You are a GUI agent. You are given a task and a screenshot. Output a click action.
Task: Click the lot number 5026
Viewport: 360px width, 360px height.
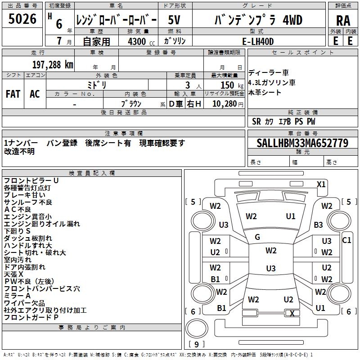tap(22, 19)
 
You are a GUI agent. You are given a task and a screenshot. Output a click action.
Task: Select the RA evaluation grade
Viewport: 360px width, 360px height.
tap(343, 21)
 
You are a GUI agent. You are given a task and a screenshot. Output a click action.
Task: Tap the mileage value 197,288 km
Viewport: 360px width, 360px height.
tap(53, 65)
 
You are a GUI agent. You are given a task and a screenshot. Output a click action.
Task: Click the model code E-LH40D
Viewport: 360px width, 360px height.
tap(258, 41)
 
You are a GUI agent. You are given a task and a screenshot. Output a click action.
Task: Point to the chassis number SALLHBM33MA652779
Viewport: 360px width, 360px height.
tap(302, 143)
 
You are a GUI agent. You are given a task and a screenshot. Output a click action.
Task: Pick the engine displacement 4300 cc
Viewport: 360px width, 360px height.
tap(141, 41)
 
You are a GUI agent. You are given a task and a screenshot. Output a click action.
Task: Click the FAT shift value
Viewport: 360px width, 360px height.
tap(13, 94)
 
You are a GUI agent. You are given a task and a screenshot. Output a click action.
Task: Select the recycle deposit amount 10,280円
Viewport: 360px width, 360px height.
tap(228, 104)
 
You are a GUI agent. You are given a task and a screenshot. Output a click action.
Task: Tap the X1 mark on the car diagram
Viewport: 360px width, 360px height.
tap(321, 184)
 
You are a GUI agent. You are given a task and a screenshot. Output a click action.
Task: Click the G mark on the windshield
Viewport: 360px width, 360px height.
tap(257, 237)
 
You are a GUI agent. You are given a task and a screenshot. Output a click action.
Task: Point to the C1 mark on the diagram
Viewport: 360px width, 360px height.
tap(346, 240)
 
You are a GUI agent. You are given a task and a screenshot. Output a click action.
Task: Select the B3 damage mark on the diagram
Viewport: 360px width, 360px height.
tap(318, 225)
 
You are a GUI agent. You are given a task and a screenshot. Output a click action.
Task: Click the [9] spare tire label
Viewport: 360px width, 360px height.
tap(196, 344)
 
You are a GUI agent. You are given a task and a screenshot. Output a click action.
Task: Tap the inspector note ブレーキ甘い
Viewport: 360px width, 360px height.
tap(25, 195)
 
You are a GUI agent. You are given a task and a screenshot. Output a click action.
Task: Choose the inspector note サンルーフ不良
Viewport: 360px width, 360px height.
tap(28, 202)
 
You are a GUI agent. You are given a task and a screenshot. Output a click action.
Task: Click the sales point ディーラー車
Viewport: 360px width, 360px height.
tap(268, 73)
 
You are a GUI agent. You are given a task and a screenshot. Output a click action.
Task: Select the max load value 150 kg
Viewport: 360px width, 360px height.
tap(232, 85)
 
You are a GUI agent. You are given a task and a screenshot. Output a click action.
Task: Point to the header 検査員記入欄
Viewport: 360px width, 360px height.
tap(92, 173)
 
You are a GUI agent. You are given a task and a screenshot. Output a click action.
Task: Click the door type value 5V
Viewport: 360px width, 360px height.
tap(174, 20)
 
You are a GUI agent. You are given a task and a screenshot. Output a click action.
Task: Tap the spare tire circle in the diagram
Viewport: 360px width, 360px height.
tap(197, 328)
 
